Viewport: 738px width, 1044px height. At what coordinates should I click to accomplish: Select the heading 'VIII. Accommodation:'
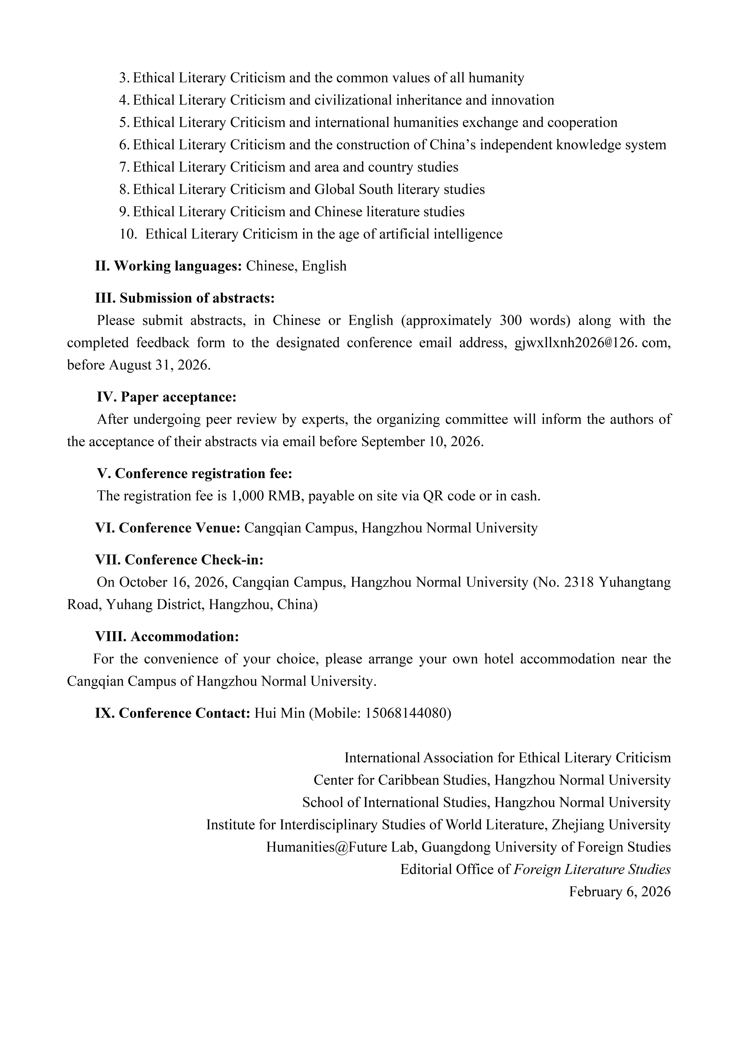[x=167, y=637]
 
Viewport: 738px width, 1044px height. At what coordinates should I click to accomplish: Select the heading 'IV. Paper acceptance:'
[x=166, y=397]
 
